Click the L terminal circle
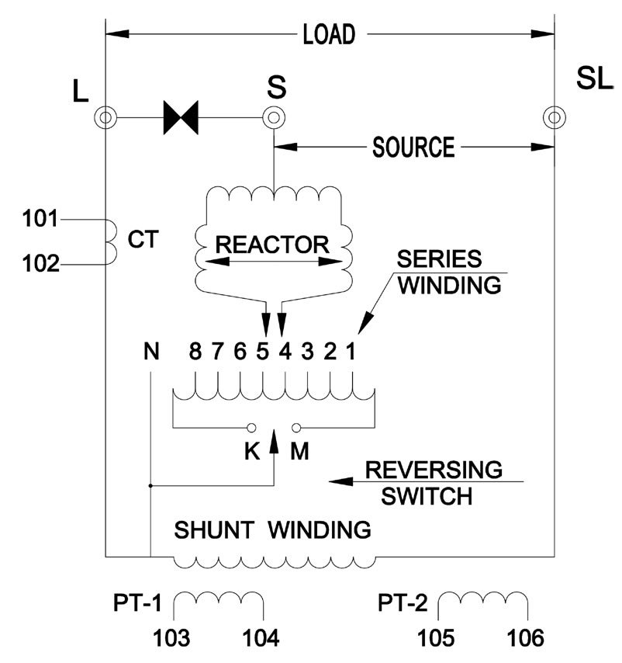[105, 119]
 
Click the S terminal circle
[272, 119]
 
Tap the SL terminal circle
[553, 118]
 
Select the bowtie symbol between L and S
[181, 119]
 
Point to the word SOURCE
[413, 147]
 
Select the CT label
[144, 240]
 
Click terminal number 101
[40, 219]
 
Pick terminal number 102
[40, 265]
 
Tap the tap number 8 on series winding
[195, 352]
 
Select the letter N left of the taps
[151, 352]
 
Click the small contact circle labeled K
[251, 428]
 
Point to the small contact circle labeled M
[296, 428]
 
